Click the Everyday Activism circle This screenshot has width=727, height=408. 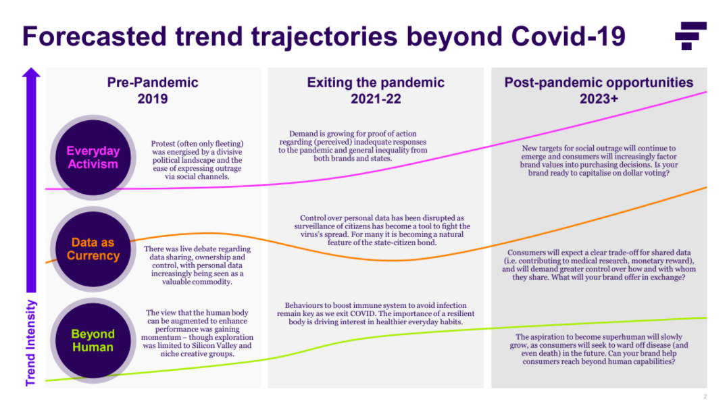93,157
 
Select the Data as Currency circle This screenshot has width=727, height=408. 93,249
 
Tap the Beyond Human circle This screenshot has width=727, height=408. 93,340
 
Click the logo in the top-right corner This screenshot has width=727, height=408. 691,36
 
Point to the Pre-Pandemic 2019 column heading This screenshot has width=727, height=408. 153,91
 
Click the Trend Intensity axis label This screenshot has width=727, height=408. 30,343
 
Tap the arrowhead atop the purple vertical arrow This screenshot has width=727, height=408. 32,73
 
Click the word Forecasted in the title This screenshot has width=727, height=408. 94,36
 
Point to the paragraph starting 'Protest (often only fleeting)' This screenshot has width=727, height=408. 197,160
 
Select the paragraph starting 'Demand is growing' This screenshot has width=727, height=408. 353,146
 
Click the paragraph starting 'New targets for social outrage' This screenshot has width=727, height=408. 599,160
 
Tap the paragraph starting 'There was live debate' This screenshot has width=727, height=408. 197,265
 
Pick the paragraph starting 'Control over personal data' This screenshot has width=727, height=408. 382,230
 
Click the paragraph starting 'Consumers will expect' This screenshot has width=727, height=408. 599,265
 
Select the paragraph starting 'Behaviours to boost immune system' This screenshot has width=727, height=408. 376,313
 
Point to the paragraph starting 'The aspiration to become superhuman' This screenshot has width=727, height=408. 599,349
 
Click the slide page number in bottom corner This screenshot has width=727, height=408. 705,397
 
